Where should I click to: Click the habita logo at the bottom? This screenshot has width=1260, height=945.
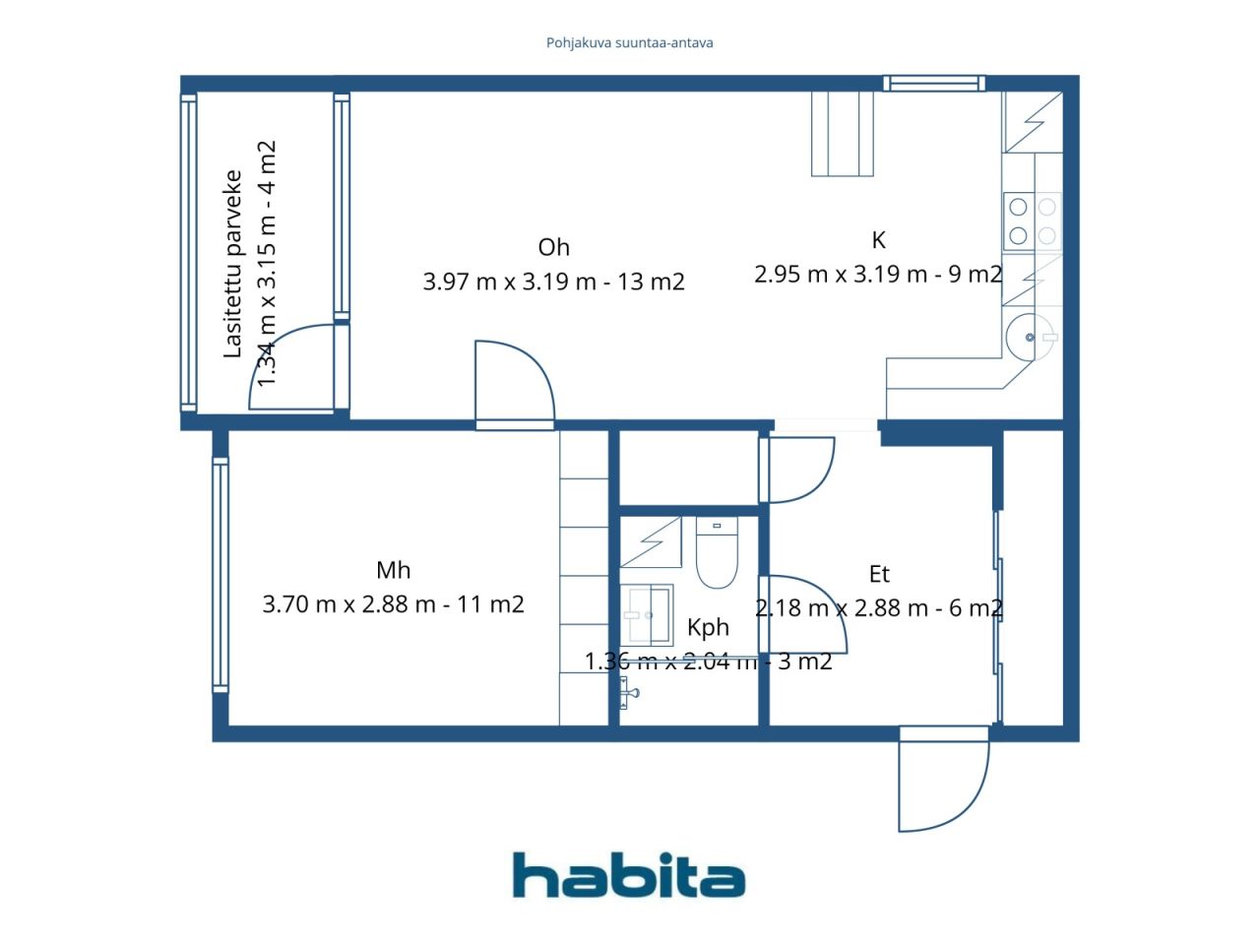tap(628, 875)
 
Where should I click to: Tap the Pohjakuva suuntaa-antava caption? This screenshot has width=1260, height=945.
tap(629, 43)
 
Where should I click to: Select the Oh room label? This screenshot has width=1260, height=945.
tap(553, 248)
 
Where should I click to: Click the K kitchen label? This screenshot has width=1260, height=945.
tap(878, 240)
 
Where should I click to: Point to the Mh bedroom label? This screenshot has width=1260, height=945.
tap(393, 570)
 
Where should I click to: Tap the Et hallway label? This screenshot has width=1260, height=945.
tap(879, 574)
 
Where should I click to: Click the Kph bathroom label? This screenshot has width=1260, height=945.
tap(708, 628)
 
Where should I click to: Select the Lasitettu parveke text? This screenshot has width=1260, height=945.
tap(232, 264)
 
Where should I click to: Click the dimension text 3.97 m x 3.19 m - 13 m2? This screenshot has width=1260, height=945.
tap(553, 282)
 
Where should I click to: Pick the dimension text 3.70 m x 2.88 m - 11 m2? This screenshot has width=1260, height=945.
tap(393, 604)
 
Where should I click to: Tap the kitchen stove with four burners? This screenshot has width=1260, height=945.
tap(1032, 221)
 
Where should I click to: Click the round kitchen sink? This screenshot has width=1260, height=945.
tap(1031, 337)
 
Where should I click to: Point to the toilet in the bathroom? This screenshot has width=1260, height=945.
tap(717, 552)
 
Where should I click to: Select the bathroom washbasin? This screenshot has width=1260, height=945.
tap(647, 615)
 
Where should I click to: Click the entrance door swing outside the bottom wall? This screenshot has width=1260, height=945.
tap(944, 780)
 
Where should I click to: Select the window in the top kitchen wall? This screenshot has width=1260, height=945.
tap(934, 84)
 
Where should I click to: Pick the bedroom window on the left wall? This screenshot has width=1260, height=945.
tap(220, 575)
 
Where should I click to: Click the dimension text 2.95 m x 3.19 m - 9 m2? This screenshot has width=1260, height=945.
tap(878, 275)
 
